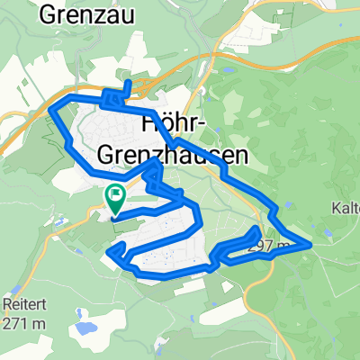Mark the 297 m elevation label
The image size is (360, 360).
click(x=273, y=245)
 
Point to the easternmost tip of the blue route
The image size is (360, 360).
click(x=310, y=243)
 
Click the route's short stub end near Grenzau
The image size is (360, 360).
click(x=131, y=83)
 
